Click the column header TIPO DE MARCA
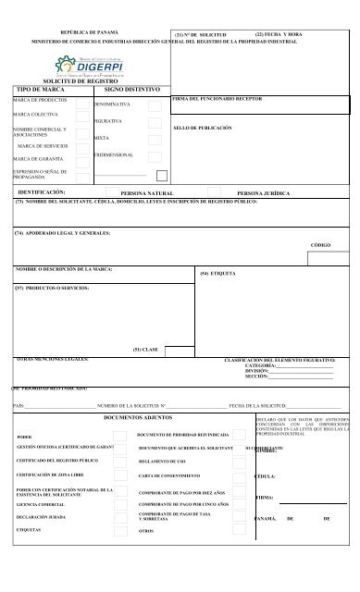tap(38, 92)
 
